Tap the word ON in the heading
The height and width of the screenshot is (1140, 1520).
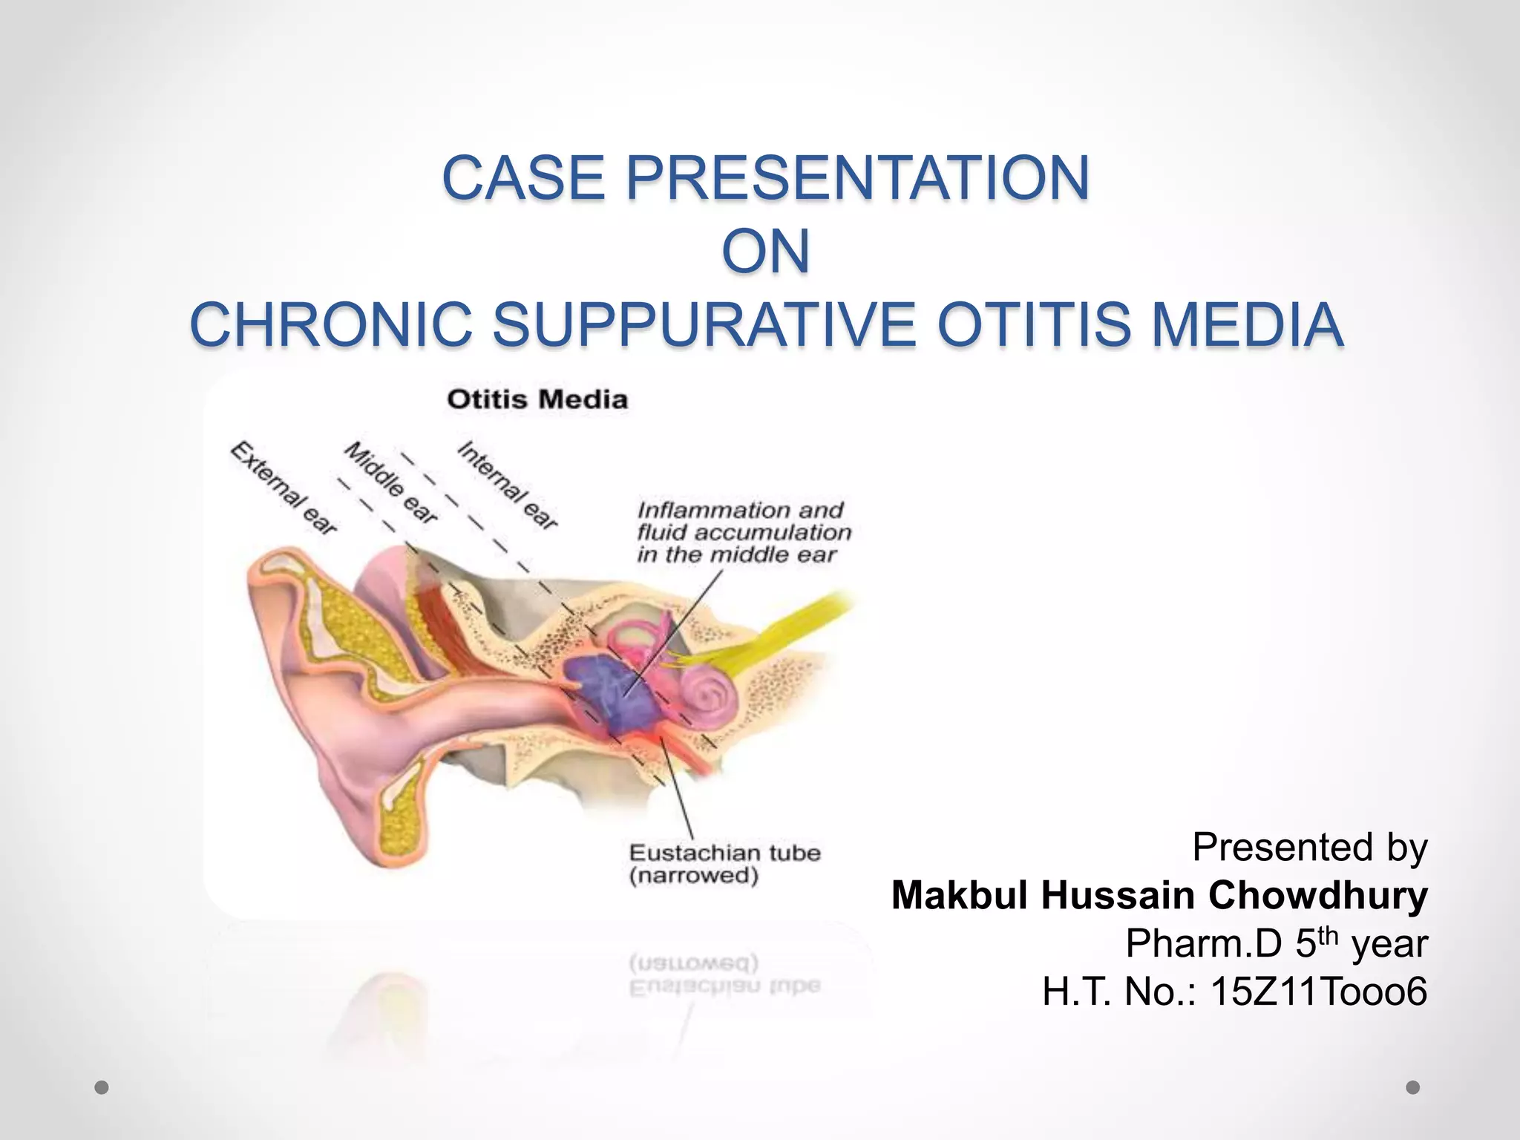765,252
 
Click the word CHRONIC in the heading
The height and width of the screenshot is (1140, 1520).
332,325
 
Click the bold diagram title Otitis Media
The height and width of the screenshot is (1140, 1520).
537,399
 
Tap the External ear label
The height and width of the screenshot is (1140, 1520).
284,488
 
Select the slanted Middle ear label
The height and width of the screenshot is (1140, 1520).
391,482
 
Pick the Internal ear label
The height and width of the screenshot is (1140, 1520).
507,485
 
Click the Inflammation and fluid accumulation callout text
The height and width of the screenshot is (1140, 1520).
744,532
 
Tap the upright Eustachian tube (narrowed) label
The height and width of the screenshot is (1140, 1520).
724,863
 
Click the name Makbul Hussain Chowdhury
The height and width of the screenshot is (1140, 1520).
1159,895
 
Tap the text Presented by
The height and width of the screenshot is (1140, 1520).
1309,847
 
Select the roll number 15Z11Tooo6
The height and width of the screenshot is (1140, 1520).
1318,992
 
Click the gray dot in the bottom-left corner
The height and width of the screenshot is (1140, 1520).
102,1087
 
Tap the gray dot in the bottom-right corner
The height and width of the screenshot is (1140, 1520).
1412,1087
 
